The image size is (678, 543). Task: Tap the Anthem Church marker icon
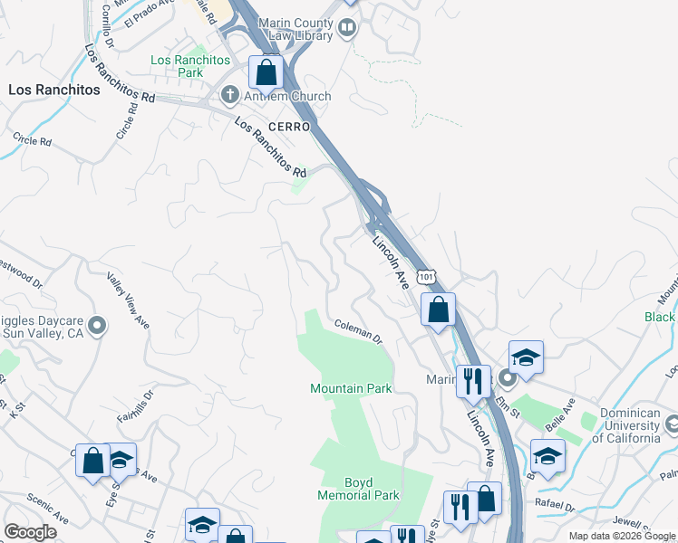click(x=230, y=96)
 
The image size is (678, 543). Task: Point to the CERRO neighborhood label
click(x=288, y=126)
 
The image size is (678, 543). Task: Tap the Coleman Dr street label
click(x=358, y=331)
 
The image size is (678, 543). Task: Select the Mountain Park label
click(x=351, y=388)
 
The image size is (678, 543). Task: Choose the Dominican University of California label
click(x=625, y=432)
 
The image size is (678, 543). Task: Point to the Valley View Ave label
click(x=128, y=300)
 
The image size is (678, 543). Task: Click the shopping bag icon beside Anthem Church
click(x=266, y=71)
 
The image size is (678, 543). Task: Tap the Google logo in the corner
click(x=30, y=532)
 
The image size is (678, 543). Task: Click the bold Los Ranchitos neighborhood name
click(x=54, y=90)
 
